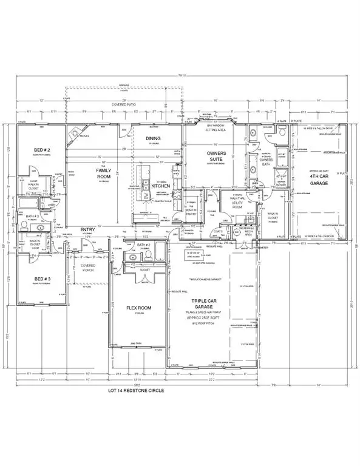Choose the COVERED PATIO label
[124, 106]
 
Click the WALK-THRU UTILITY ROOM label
[233, 203]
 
